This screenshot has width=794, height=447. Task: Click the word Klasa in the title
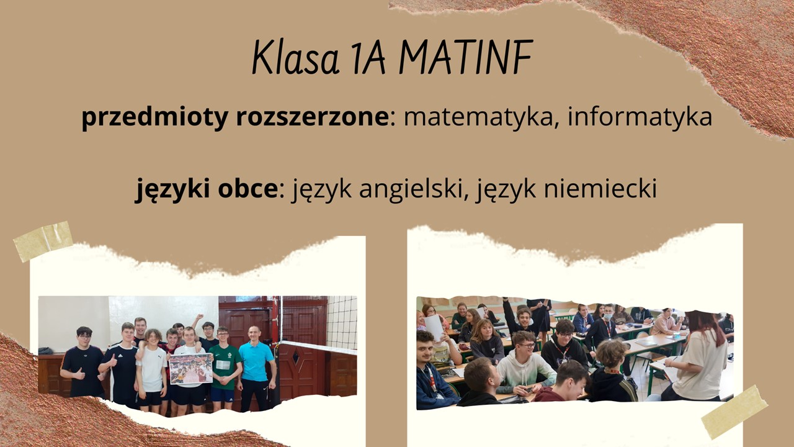[297, 58]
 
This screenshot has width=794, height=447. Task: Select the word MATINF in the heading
[465, 58]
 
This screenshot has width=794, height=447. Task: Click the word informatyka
[640, 117]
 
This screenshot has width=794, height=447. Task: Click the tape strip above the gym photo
[42, 240]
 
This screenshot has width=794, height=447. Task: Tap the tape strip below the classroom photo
[734, 411]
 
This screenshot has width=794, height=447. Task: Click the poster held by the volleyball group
[191, 369]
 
